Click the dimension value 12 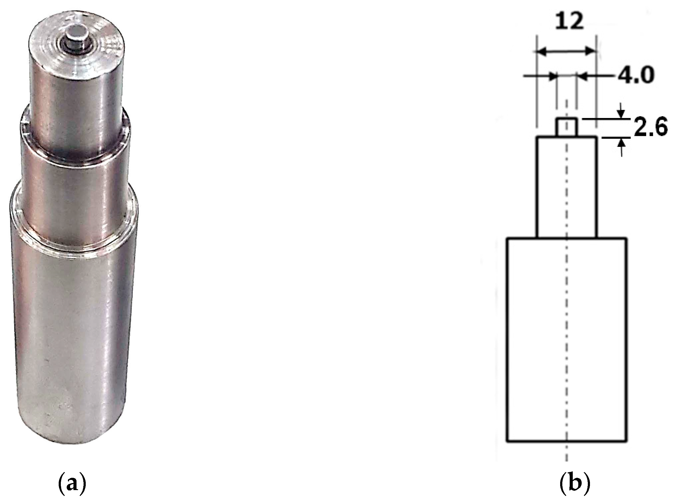[x=569, y=22]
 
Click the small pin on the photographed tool [x=76, y=40]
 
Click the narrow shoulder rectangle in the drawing [x=567, y=187]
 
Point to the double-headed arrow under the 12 [x=566, y=52]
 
